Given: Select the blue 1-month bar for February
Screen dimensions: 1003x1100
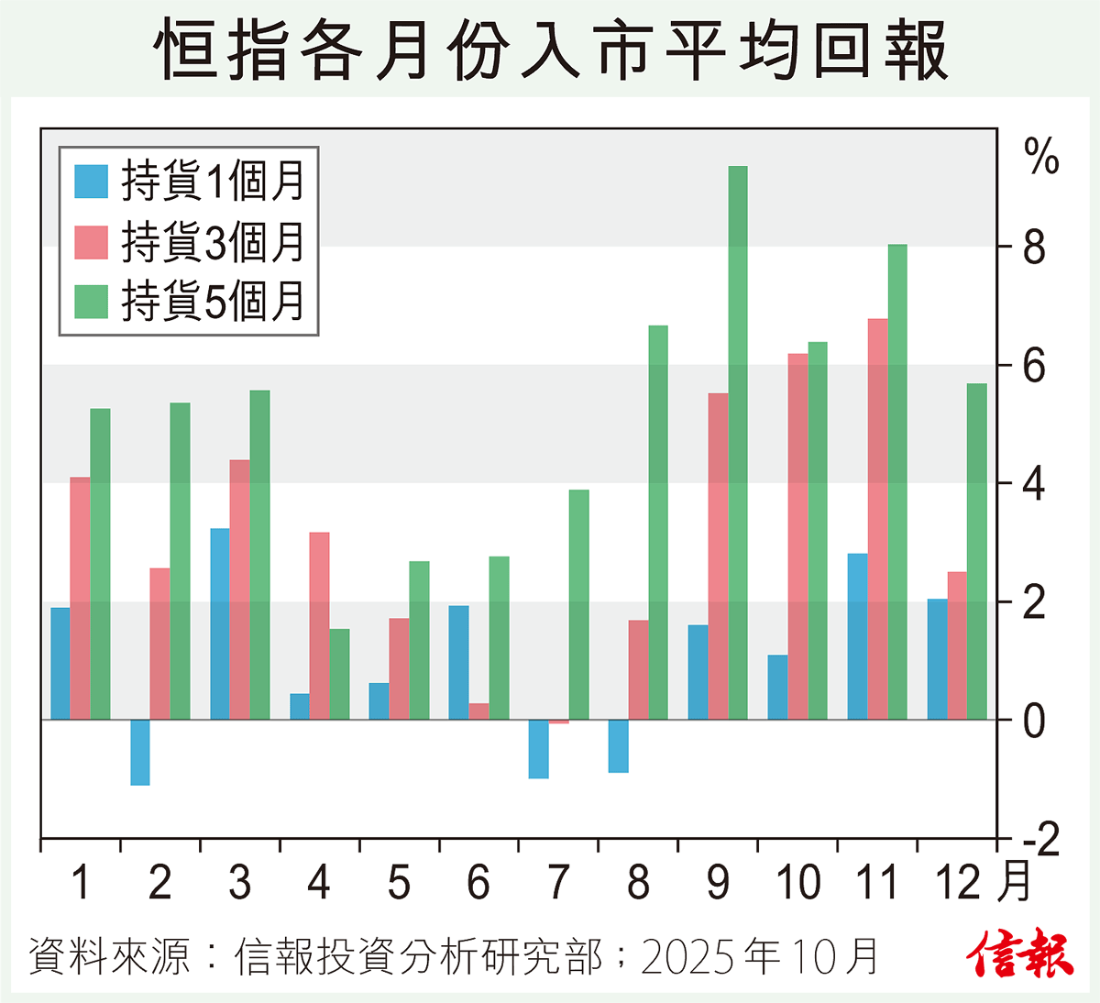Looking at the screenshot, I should pyautogui.click(x=140, y=753).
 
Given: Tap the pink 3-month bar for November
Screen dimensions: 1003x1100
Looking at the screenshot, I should pyautogui.click(x=877, y=519).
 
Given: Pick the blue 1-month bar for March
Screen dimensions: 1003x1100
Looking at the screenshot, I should pyautogui.click(x=220, y=624).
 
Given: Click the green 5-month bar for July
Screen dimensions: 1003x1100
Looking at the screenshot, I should pyautogui.click(x=578, y=605).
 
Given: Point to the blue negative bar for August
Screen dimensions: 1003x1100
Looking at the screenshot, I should pyautogui.click(x=619, y=746).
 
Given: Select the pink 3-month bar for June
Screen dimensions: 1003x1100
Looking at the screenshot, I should pyautogui.click(x=478, y=711).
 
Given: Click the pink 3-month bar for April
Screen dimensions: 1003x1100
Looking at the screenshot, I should pyautogui.click(x=319, y=626).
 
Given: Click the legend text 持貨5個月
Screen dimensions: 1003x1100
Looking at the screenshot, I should pyautogui.click(x=213, y=302).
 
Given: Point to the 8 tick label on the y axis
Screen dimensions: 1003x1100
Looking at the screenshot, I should pyautogui.click(x=1034, y=248).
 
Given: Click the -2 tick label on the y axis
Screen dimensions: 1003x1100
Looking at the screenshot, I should pyautogui.click(x=1039, y=840).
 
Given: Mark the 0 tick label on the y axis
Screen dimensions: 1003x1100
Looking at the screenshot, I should pyautogui.click(x=1034, y=722).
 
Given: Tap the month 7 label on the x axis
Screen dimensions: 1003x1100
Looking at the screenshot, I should pyautogui.click(x=558, y=883).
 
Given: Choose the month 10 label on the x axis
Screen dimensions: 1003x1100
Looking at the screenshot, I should pyautogui.click(x=797, y=883).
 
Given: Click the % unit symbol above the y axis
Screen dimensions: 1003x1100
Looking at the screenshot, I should pyautogui.click(x=1041, y=157).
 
